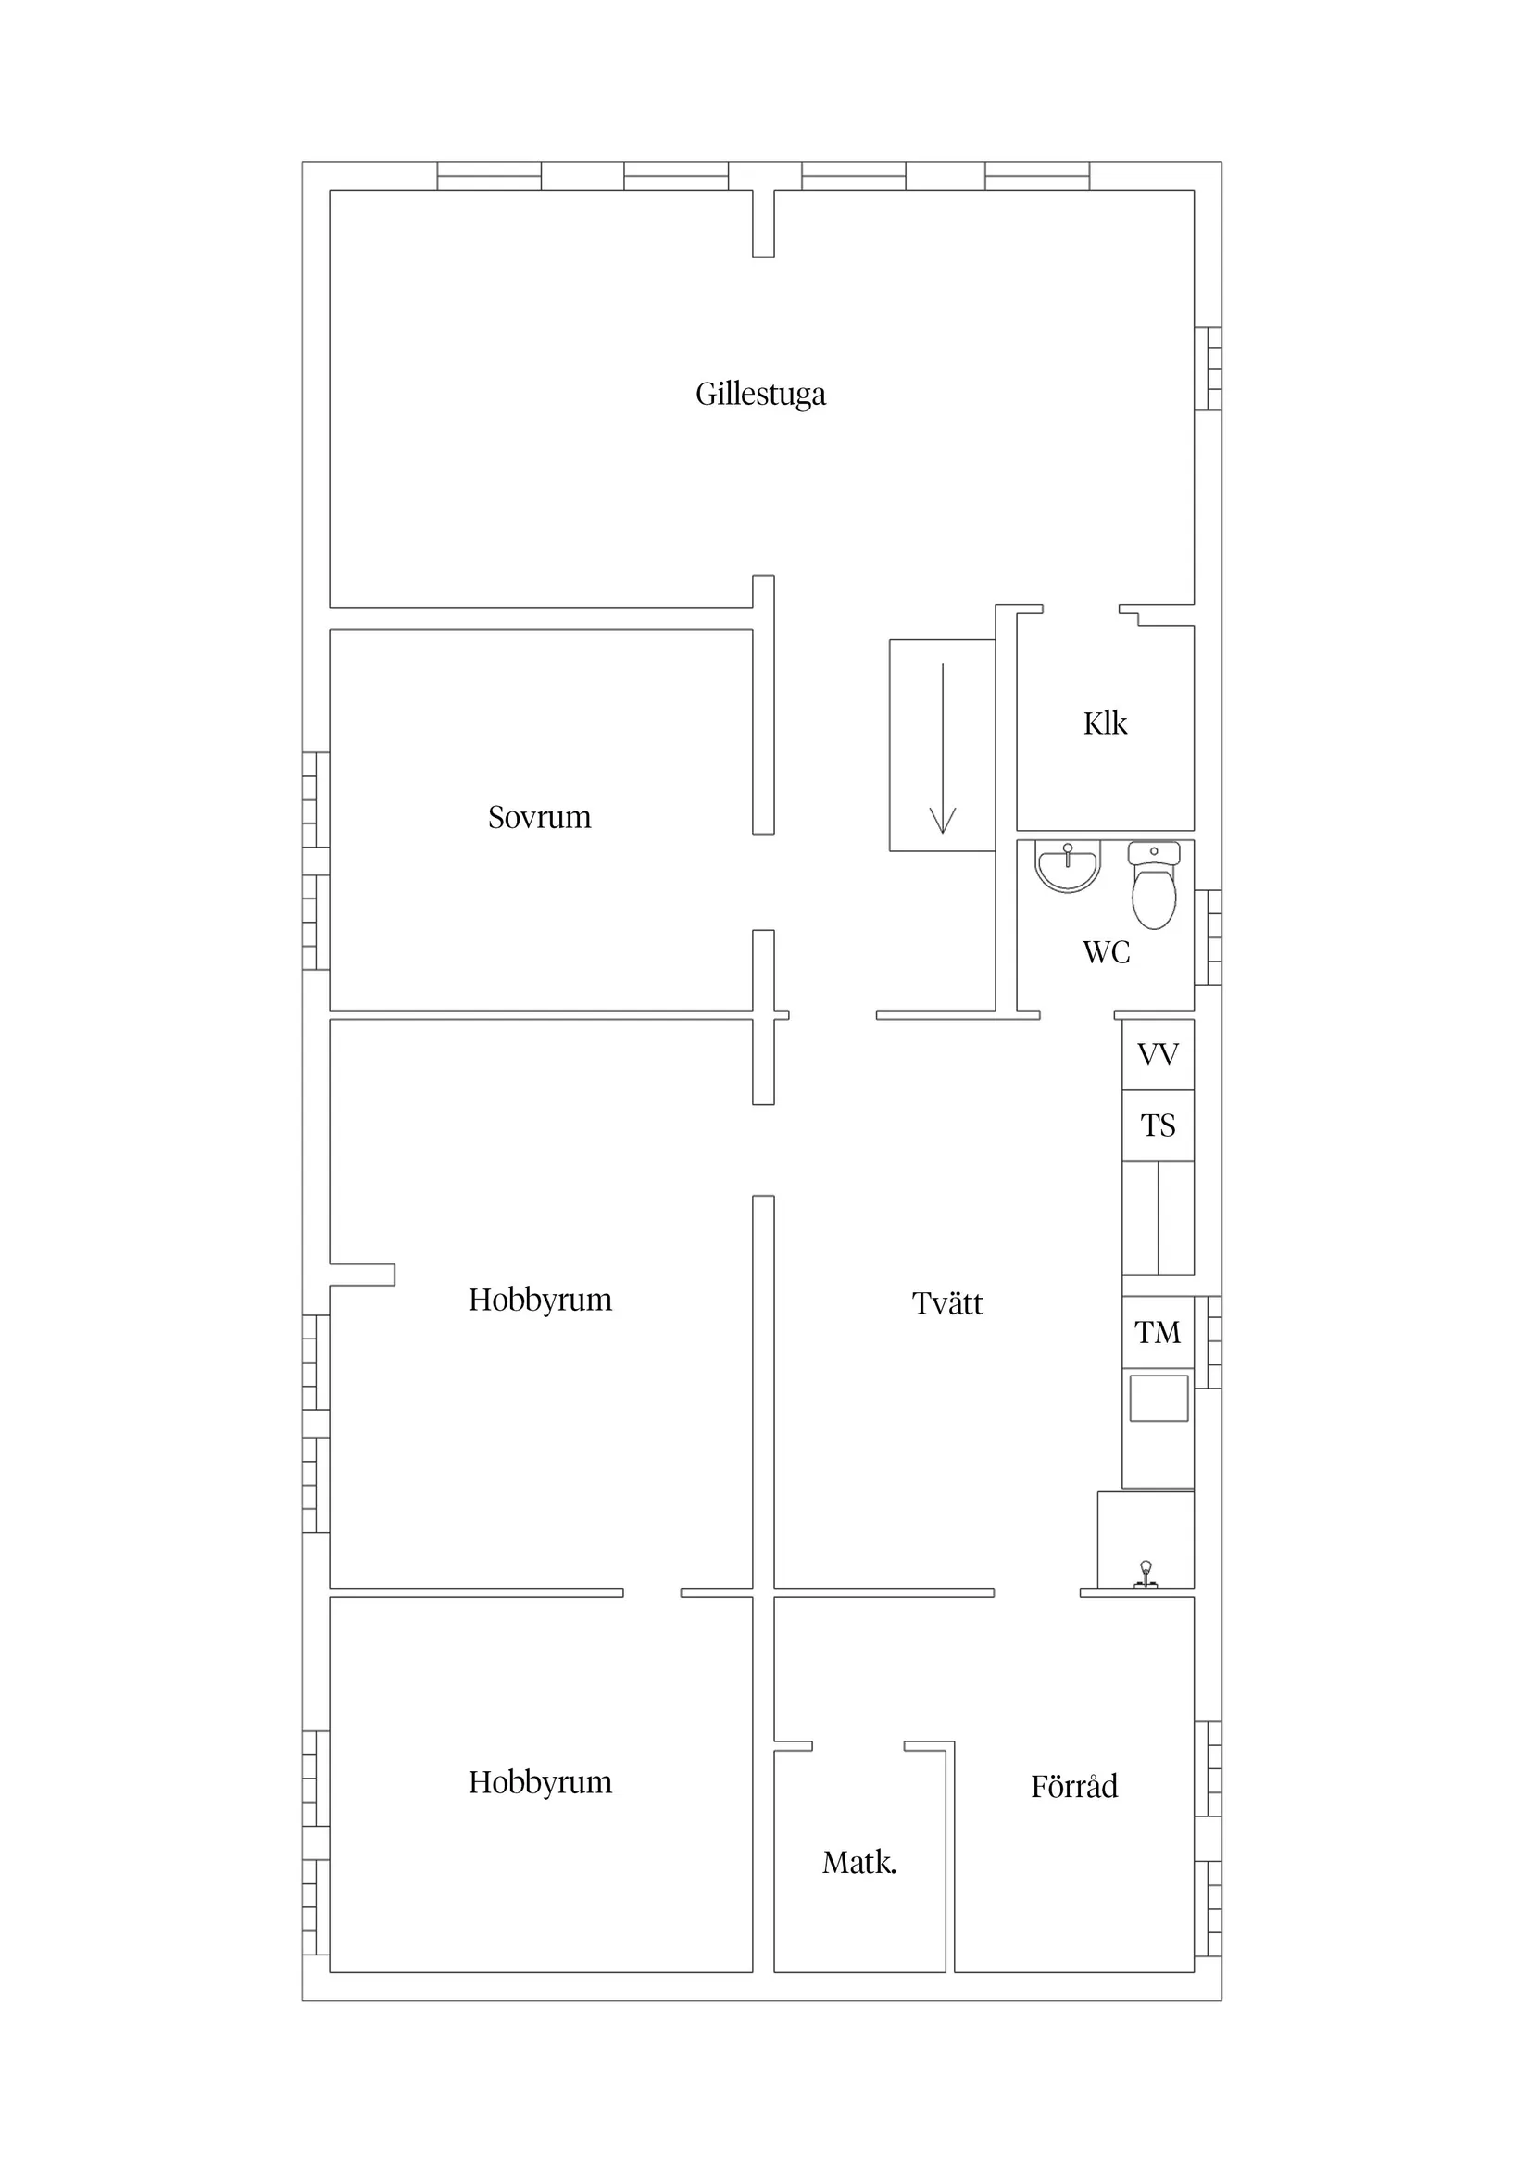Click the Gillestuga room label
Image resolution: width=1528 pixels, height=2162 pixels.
click(760, 394)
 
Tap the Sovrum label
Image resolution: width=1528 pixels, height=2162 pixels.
click(540, 816)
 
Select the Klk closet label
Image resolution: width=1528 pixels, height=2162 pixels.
click(1106, 723)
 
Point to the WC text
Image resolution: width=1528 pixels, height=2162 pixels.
click(1107, 952)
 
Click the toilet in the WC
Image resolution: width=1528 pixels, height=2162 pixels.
click(1154, 886)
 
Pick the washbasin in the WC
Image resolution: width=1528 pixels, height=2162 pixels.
click(1068, 865)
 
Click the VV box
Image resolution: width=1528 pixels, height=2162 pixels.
click(1158, 1055)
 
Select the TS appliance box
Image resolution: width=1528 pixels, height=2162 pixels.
click(1158, 1125)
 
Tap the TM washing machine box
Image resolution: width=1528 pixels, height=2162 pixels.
click(1158, 1332)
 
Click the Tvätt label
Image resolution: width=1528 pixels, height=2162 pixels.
click(947, 1303)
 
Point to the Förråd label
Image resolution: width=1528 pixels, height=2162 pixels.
click(1074, 1785)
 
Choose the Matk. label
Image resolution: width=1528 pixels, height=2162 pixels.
click(859, 1862)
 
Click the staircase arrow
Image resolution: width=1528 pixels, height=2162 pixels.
click(943, 748)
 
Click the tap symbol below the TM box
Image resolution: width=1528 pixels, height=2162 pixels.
click(1146, 1576)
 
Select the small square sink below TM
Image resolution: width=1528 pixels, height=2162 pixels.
click(1159, 1399)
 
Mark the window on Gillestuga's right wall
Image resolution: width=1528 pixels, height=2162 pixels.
click(1209, 368)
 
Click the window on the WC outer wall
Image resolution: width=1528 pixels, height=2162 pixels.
click(1209, 936)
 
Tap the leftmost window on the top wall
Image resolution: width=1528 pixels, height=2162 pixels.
click(490, 176)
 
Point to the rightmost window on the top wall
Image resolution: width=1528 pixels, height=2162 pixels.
click(1037, 176)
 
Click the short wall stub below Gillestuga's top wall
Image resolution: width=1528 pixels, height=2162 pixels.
click(763, 223)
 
